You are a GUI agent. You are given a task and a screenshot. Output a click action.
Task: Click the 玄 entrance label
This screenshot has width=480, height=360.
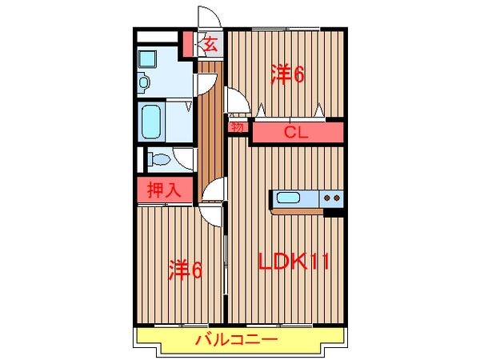pos(210,44)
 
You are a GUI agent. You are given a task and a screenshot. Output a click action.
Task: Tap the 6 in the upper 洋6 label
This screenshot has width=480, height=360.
pos(300,75)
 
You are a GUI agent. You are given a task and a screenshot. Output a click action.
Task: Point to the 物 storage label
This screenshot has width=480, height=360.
pos(238,127)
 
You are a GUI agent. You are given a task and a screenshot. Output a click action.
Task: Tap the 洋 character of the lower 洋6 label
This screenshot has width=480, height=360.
pos(178,270)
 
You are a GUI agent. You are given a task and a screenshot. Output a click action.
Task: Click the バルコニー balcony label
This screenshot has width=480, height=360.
pos(238,340)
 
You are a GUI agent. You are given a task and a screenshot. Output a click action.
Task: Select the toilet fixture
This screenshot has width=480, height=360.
pos(158,159)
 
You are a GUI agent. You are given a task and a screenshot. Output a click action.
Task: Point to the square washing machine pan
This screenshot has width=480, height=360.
pos(149,58)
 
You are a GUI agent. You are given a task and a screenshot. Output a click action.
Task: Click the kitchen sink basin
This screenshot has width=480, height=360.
pos(288,198)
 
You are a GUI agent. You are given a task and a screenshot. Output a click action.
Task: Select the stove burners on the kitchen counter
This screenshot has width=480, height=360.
pos(333,198)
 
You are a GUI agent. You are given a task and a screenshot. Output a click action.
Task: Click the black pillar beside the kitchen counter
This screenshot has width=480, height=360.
pos(334,212)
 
